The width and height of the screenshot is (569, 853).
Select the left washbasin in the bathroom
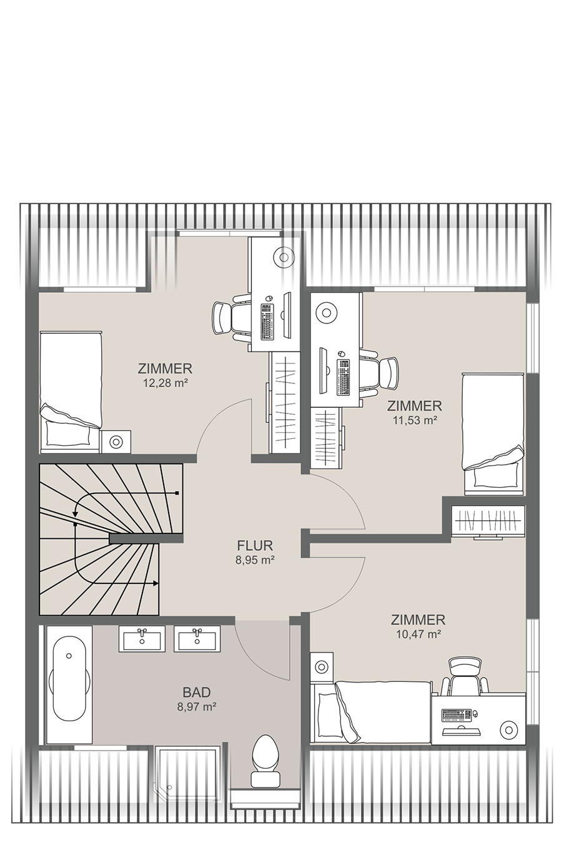(x=142, y=639)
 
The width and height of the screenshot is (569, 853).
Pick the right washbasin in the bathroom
(x=197, y=639)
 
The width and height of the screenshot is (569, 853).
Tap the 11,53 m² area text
(x=414, y=420)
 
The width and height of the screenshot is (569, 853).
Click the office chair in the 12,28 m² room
(x=232, y=318)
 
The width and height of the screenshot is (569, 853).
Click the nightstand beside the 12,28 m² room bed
(x=116, y=441)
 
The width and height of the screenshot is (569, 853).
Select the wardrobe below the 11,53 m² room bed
(x=488, y=521)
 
